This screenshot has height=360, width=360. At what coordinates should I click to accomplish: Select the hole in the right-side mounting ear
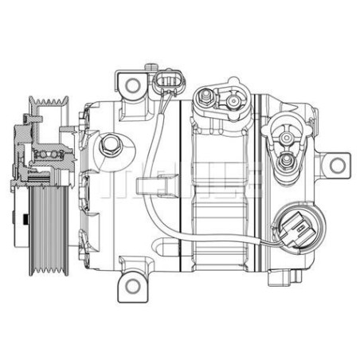pos(338,166)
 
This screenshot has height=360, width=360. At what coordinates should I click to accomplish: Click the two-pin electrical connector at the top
pos(166,83)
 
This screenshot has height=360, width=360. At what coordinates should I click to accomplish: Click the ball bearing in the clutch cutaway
pos(49,154)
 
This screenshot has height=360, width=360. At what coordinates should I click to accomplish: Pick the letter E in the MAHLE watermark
pos(242,178)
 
